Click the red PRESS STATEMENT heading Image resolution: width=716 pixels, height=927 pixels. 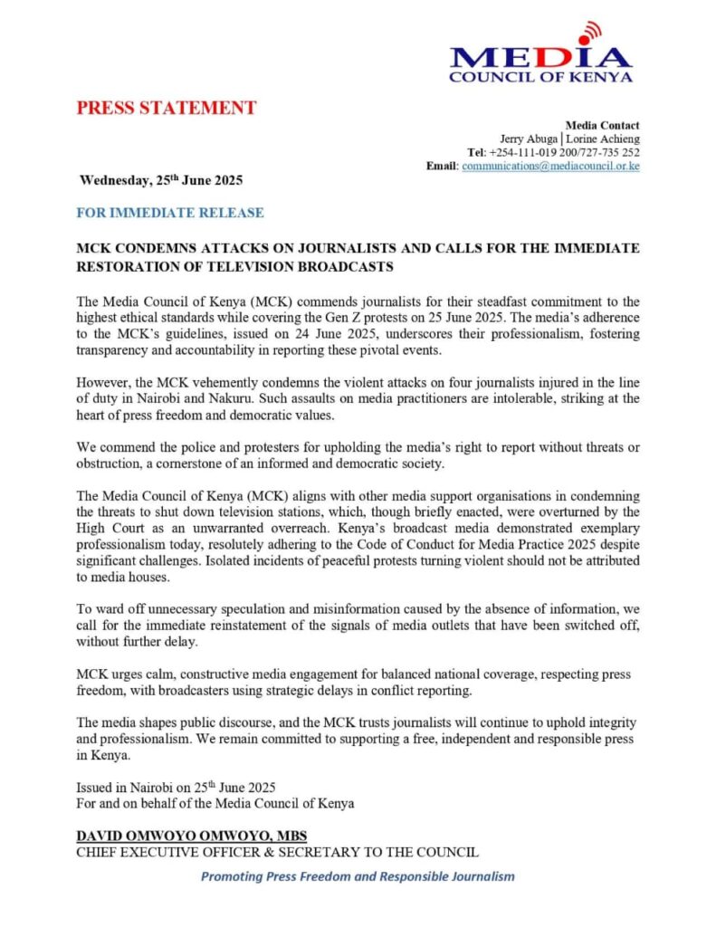click(x=166, y=109)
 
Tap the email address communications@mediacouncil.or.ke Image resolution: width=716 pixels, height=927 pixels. click(x=550, y=167)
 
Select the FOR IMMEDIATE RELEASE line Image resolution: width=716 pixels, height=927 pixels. click(x=170, y=213)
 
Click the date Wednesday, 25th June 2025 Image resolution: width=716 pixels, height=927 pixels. click(x=161, y=179)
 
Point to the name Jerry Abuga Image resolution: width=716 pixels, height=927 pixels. click(x=529, y=139)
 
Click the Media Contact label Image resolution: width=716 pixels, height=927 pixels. click(x=602, y=125)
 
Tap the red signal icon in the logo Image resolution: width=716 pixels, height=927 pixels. click(x=590, y=33)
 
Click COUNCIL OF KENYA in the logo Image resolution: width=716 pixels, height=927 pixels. click(x=539, y=77)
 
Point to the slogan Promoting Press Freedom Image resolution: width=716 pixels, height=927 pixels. click(x=358, y=876)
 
